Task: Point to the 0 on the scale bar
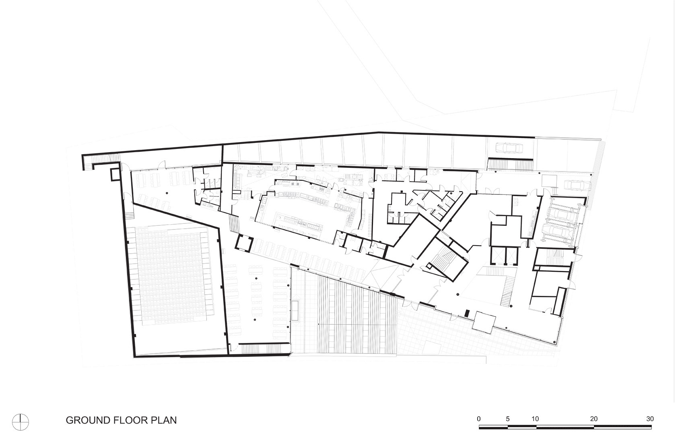[x=478, y=419]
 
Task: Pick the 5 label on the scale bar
[x=508, y=419]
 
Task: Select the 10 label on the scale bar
[x=535, y=419]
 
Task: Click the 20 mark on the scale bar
[x=593, y=419]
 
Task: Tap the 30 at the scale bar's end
[x=650, y=419]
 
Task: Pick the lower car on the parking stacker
[x=559, y=231]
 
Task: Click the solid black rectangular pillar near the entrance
[x=467, y=313]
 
